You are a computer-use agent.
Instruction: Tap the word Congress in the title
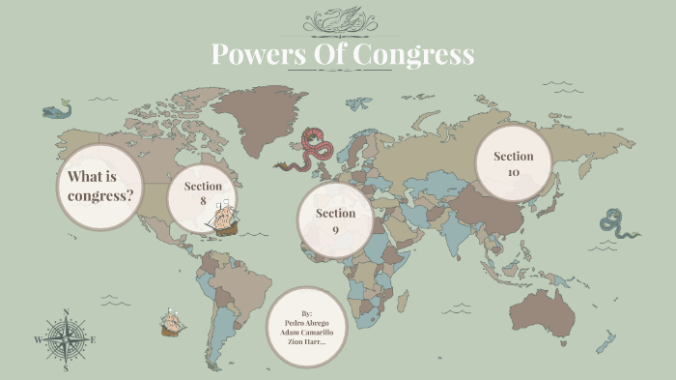[413, 54]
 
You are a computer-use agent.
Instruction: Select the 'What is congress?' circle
[100, 187]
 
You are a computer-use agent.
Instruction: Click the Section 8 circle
[203, 194]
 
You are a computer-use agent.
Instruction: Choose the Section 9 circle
[335, 220]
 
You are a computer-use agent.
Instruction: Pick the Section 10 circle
[513, 163]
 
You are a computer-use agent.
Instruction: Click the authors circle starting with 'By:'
[306, 327]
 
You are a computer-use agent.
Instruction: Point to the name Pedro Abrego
[306, 322]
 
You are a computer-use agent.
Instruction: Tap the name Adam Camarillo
[306, 332]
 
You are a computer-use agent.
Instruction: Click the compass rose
[66, 339]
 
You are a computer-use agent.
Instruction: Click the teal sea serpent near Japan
[616, 223]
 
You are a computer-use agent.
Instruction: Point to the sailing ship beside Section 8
[226, 218]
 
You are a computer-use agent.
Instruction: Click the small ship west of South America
[172, 322]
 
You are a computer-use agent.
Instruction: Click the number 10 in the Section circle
[513, 172]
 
